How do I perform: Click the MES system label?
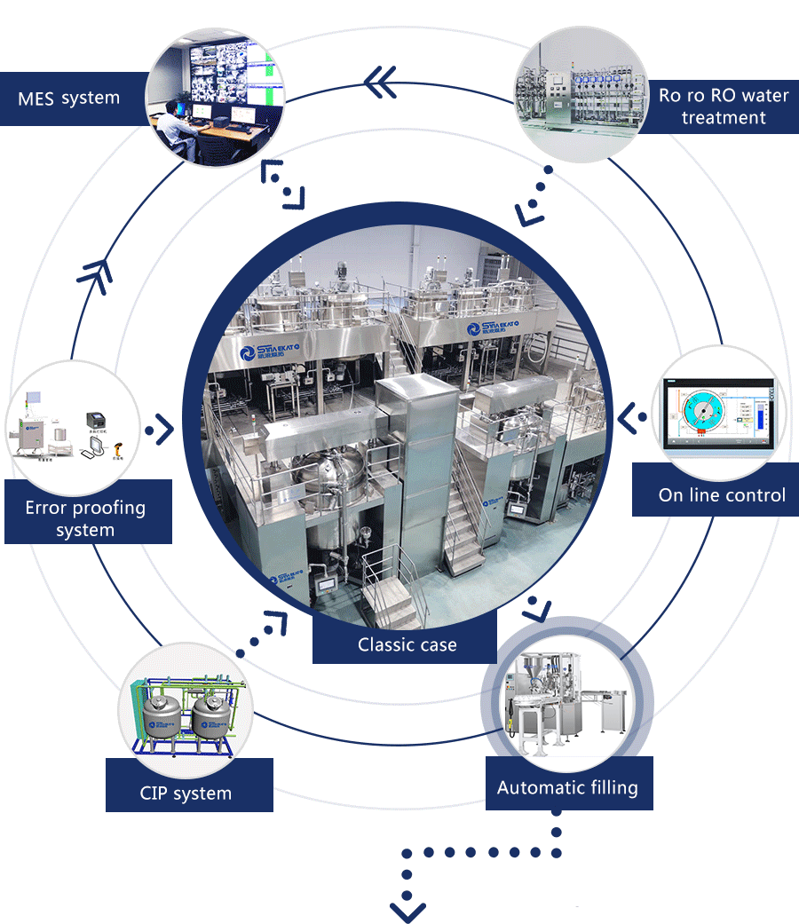click(x=68, y=98)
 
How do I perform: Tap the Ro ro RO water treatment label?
click(x=723, y=107)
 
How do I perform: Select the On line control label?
click(x=722, y=495)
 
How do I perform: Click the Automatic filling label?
click(x=567, y=787)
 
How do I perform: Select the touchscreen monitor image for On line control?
click(x=718, y=414)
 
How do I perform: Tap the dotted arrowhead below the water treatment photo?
click(x=531, y=211)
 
